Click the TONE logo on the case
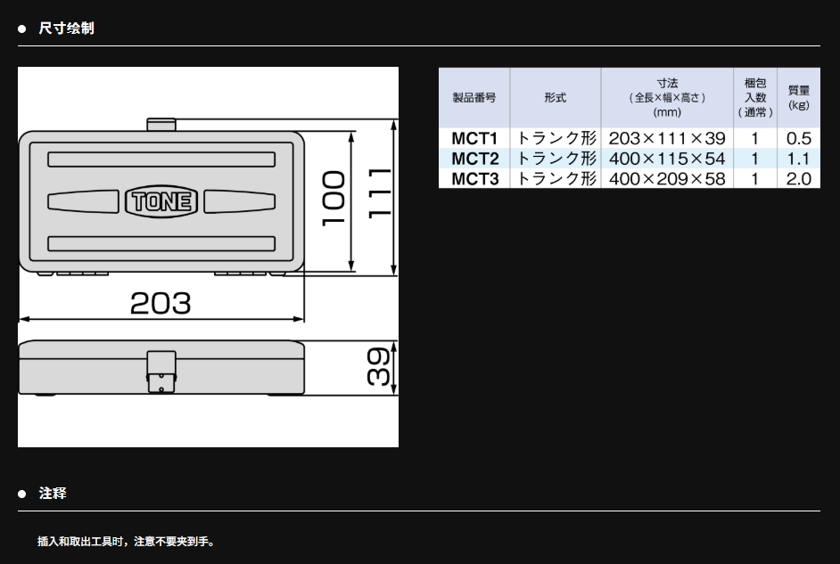(x=161, y=201)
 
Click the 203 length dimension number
(x=161, y=303)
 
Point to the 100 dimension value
(x=334, y=199)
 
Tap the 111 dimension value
(x=380, y=192)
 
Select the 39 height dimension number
(x=378, y=366)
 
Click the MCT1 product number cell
(x=474, y=139)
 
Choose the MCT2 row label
(x=474, y=159)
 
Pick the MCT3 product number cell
(x=474, y=179)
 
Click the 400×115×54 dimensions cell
(x=667, y=159)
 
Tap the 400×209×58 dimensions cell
(x=667, y=179)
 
